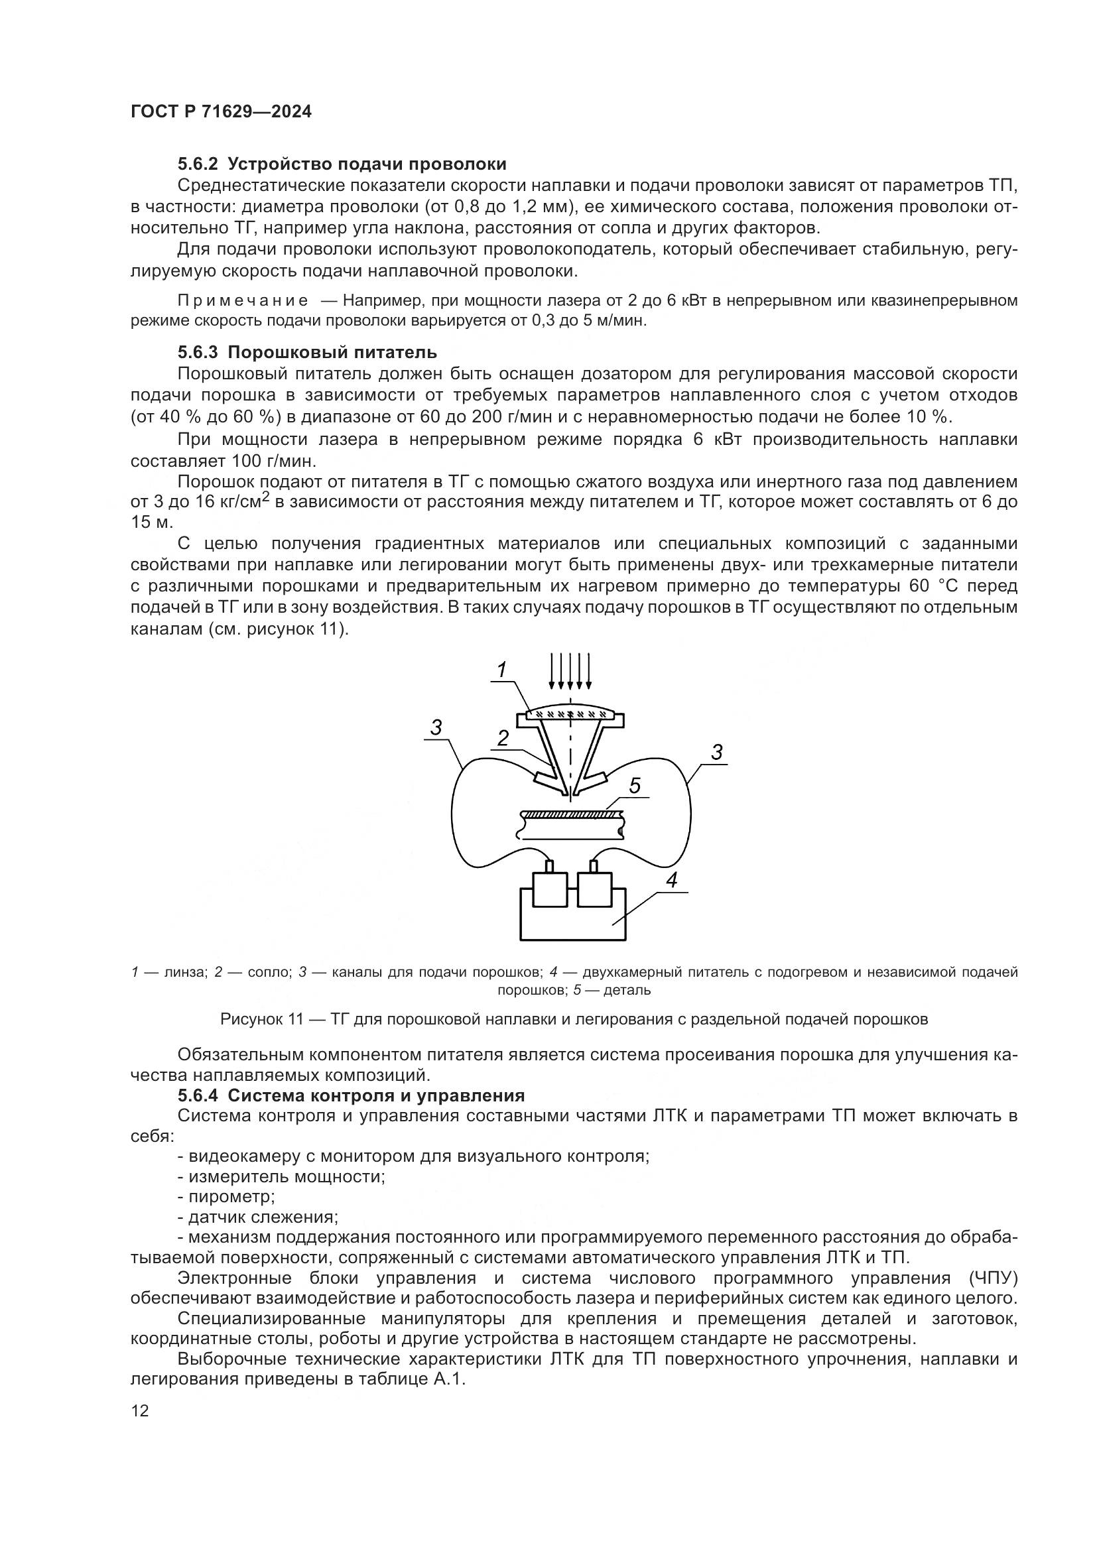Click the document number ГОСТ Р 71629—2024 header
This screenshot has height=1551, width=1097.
pos(221,112)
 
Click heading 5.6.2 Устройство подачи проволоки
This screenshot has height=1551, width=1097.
pos(342,164)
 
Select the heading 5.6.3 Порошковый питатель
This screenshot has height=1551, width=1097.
pos(307,352)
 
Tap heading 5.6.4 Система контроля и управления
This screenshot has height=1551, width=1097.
pos(352,1095)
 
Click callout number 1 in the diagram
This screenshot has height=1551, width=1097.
pos(502,670)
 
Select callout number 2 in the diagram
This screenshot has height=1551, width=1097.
pos(503,738)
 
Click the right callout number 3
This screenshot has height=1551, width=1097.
pos(717,752)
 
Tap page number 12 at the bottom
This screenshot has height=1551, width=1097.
pos(140,1410)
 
